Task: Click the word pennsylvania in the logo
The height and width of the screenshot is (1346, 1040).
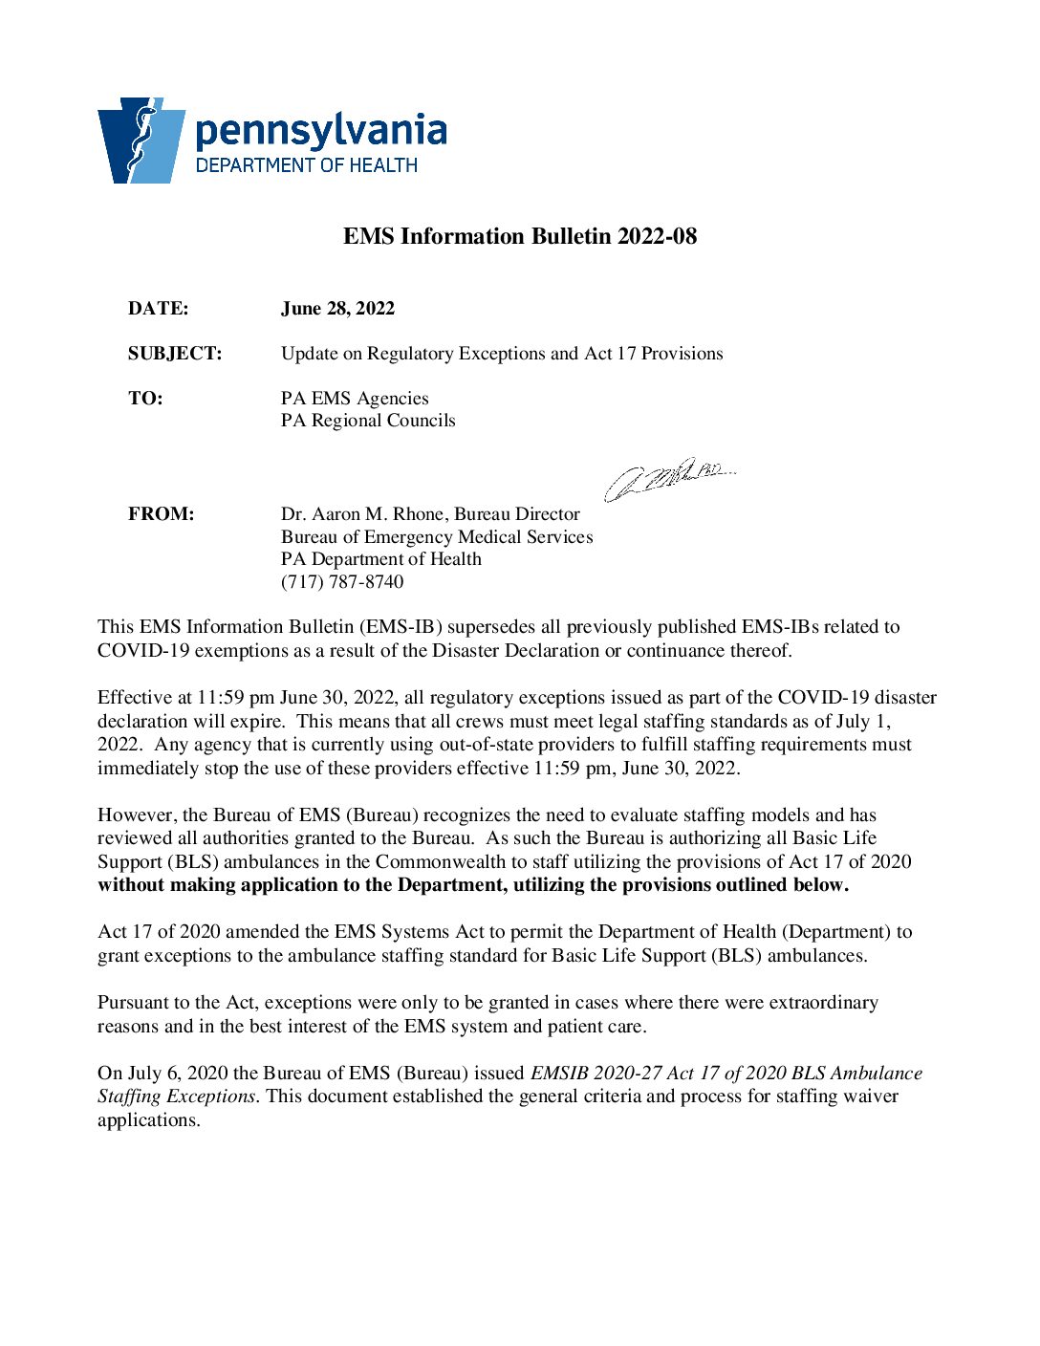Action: click(321, 130)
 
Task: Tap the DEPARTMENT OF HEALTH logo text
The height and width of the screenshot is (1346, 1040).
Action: click(307, 165)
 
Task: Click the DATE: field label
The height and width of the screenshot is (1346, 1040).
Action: click(159, 309)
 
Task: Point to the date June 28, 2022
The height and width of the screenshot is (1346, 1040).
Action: click(337, 309)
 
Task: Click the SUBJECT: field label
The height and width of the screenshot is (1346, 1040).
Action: click(175, 354)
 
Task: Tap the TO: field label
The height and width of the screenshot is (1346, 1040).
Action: click(145, 399)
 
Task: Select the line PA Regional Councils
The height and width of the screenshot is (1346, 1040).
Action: click(368, 421)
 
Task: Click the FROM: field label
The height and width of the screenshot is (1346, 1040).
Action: click(161, 514)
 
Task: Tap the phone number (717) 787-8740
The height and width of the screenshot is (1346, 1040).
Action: click(342, 582)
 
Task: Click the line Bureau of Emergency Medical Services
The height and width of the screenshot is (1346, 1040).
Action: click(437, 537)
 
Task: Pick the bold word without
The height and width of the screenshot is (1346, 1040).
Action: click(131, 885)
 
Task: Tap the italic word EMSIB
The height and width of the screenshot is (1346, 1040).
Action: click(559, 1074)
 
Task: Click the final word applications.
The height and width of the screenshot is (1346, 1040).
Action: click(148, 1120)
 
